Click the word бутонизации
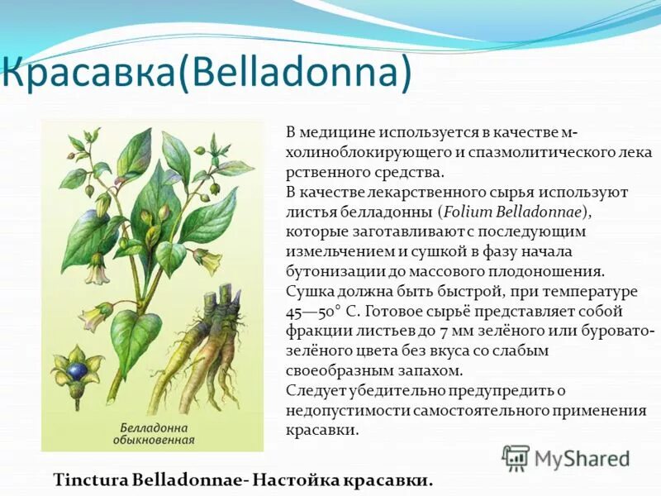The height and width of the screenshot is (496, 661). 334,271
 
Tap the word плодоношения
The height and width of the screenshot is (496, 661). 555,271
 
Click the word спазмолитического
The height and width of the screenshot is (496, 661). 533,154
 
